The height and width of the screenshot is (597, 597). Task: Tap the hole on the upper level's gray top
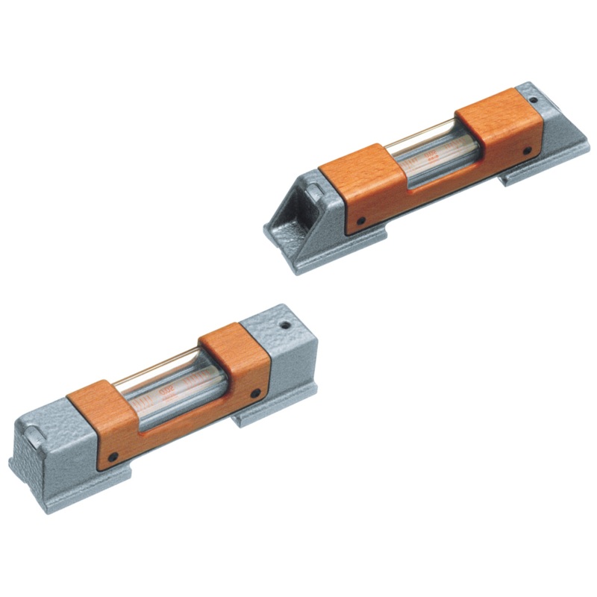533,100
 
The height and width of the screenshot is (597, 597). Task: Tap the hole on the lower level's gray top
284,325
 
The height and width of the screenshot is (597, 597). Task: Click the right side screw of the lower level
255,393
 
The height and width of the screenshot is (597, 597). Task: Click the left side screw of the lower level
113,457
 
